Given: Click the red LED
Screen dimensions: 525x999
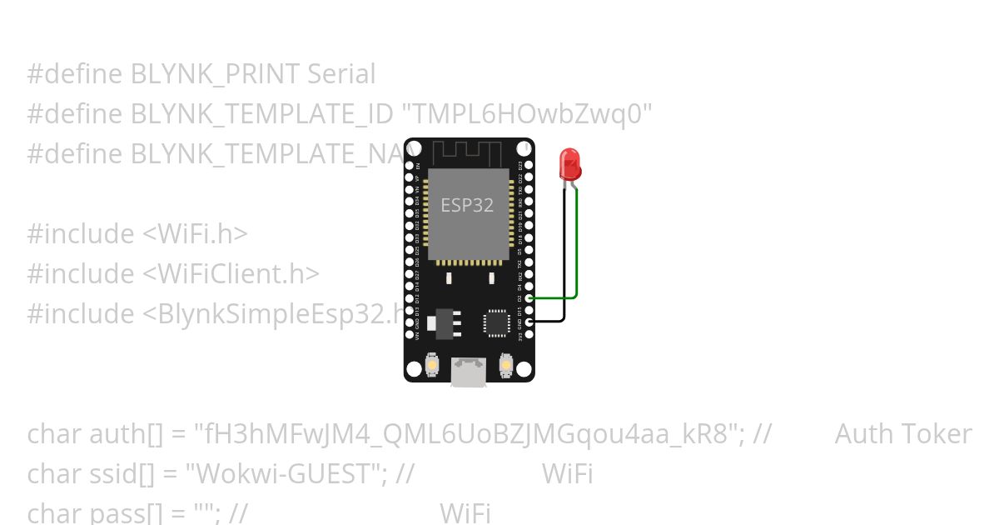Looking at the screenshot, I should (570, 163).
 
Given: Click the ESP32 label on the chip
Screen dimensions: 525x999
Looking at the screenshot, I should (467, 205).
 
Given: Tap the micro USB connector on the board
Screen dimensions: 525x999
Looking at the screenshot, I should (469, 371).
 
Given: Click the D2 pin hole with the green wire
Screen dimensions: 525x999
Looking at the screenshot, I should (529, 297).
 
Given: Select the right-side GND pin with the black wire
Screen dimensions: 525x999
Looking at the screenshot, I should (529, 322).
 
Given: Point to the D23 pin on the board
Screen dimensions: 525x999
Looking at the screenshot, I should (529, 166).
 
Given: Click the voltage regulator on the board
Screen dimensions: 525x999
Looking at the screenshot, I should (444, 323).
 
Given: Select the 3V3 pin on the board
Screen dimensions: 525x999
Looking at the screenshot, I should (529, 334).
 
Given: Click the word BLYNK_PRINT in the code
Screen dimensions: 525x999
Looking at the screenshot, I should (215, 74).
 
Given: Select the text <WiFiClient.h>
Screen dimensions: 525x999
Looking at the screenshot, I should (231, 274).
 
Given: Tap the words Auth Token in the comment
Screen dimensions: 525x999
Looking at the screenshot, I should (902, 434).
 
